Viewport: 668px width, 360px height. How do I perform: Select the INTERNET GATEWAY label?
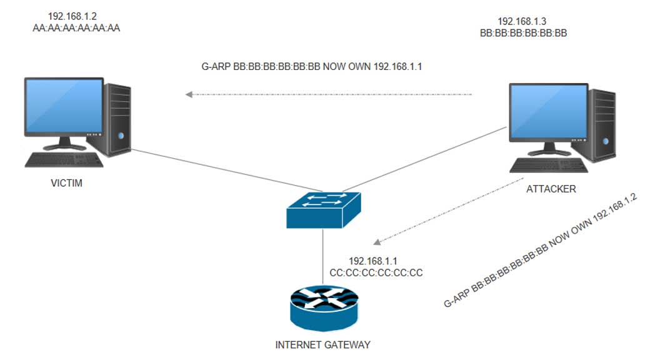[323, 344]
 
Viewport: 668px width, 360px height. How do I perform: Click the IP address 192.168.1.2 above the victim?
[72, 14]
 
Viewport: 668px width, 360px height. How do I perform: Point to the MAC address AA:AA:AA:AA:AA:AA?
[76, 28]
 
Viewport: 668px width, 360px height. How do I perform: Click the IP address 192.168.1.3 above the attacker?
[522, 21]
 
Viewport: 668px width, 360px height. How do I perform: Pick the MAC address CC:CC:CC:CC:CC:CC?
[376, 273]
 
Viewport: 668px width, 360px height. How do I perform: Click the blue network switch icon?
[323, 209]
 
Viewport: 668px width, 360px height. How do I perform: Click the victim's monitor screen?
[64, 106]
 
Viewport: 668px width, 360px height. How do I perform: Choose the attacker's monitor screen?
[548, 112]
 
